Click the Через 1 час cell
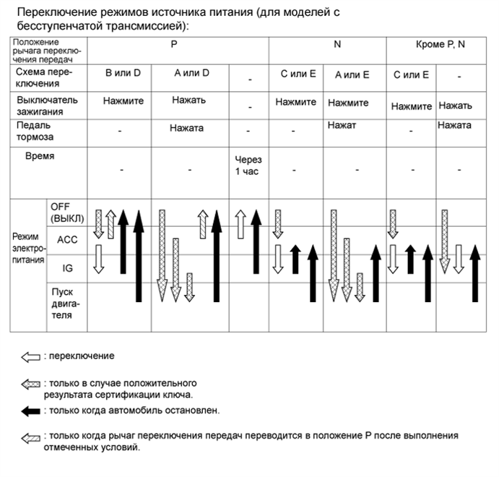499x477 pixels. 248,166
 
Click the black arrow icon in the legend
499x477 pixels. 30,411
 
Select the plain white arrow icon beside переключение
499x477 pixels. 30,356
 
